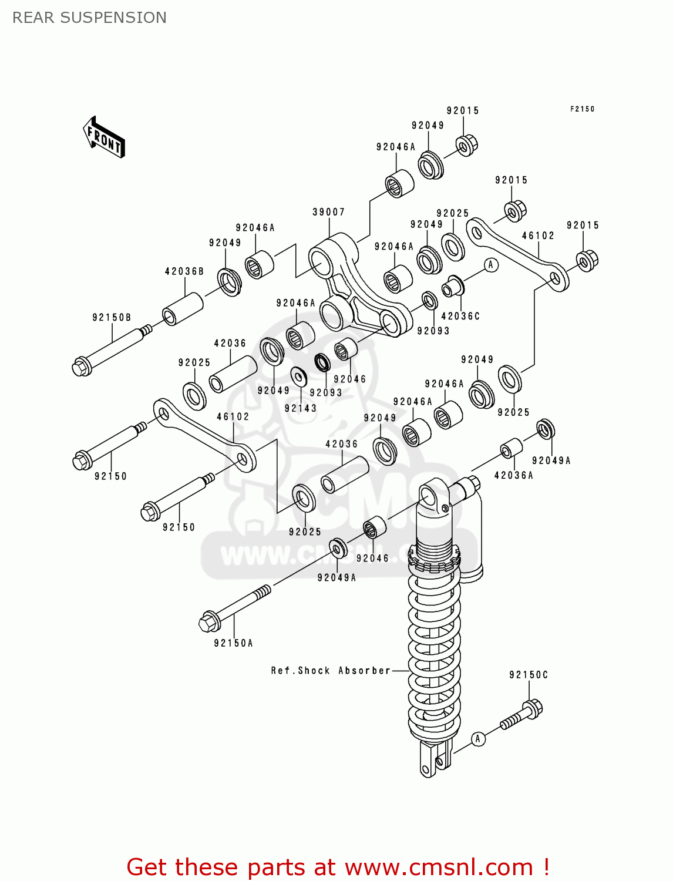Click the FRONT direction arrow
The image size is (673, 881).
tap(104, 137)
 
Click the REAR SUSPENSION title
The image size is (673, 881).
tap(89, 18)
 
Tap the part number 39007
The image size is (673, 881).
tap(328, 212)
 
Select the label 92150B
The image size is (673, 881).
tap(112, 317)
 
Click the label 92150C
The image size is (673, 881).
tap(529, 675)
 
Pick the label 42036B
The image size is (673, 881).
tap(184, 271)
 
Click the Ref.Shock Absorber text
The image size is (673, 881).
tap(331, 670)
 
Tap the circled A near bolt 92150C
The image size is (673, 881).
tap(478, 739)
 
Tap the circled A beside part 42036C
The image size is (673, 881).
tap(491, 265)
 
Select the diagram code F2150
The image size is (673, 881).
tap(582, 109)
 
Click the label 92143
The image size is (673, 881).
tap(301, 408)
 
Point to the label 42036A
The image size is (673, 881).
tap(513, 475)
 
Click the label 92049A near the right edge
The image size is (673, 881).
tap(551, 460)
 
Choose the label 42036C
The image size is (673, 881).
tap(460, 316)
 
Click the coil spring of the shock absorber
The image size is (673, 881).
tap(435, 652)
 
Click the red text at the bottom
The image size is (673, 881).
tap(338, 867)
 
